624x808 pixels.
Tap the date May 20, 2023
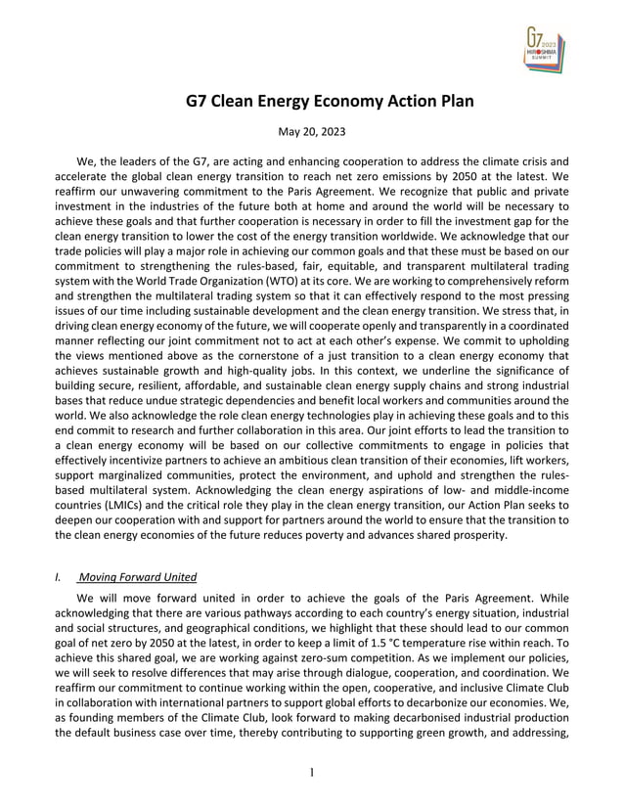tap(311, 130)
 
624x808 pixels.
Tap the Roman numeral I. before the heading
tap(58, 577)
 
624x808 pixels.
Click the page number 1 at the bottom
tap(311, 773)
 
